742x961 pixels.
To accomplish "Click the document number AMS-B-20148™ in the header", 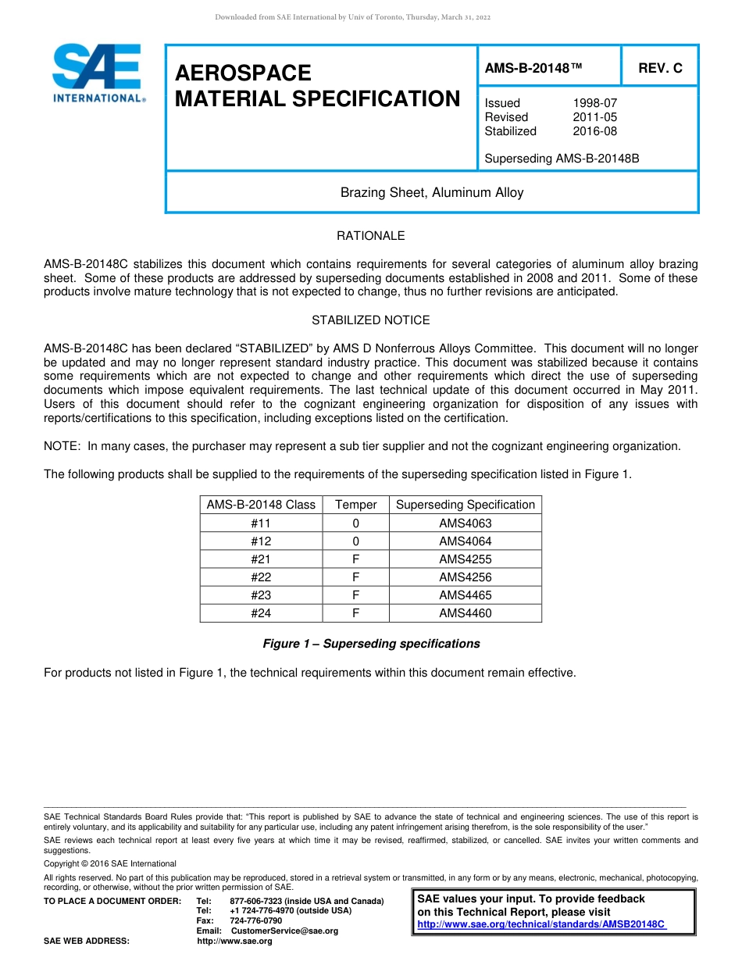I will coord(533,68).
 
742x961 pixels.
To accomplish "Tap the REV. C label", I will coord(660,68).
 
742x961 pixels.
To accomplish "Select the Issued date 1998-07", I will coord(594,103).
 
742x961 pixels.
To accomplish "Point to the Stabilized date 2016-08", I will coord(594,131).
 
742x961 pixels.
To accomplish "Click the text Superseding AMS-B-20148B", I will coord(562,159).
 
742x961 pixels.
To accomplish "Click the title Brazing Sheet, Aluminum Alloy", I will coord(432,192).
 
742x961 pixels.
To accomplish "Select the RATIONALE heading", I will coord(370,236).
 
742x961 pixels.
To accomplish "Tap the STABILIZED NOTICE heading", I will coord(370,320).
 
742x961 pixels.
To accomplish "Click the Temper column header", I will coord(355,505).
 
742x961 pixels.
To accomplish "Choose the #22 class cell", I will coord(261,577).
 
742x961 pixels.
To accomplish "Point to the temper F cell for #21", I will coord(355,559).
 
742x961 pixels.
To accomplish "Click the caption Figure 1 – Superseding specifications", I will coord(371,644).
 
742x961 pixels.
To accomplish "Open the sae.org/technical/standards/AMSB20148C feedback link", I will coord(541,924).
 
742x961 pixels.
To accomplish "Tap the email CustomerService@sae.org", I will coord(284,931).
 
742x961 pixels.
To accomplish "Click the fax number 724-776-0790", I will coord(256,921).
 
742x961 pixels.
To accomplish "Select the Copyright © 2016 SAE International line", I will coord(110,864).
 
